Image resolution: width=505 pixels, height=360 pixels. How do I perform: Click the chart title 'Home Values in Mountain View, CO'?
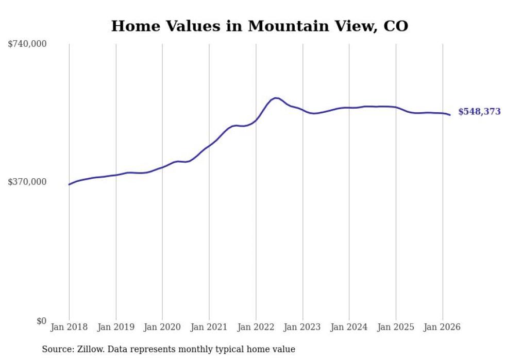point(259,26)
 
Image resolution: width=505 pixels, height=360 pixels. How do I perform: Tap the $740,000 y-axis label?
point(27,44)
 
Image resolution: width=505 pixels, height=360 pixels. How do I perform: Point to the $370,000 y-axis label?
point(27,181)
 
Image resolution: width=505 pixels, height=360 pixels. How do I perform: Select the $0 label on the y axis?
point(41,321)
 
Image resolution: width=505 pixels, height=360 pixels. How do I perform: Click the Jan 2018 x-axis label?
point(69,327)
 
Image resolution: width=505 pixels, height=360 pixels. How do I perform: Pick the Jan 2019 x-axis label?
point(116,327)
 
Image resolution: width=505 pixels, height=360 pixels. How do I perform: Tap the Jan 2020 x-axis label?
point(162,327)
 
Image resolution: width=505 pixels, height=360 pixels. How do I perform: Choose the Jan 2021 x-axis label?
point(209,327)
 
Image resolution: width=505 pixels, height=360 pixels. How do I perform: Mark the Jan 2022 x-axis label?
point(256,327)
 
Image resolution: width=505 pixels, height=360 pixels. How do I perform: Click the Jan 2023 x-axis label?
point(302,327)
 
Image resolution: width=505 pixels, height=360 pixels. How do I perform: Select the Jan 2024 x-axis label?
point(349,327)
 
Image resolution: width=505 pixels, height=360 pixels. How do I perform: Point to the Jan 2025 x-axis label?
point(396,327)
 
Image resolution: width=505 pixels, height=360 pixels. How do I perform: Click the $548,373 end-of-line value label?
point(479,112)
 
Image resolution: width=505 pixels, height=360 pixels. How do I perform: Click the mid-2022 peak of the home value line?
point(276,98)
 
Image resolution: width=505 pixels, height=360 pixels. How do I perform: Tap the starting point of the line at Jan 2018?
point(69,184)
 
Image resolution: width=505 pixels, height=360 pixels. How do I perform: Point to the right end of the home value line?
point(450,115)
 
